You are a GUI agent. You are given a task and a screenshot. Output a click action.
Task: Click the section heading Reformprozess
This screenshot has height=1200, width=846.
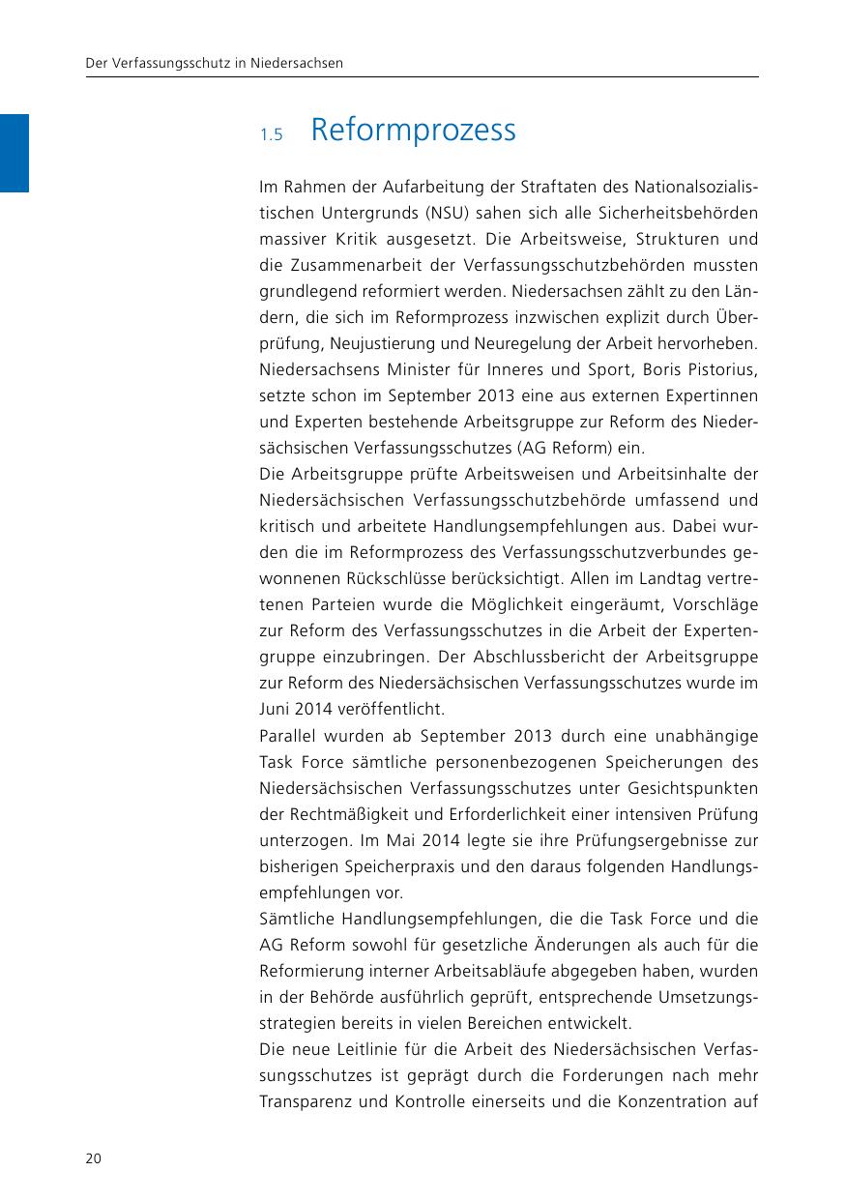[x=414, y=131]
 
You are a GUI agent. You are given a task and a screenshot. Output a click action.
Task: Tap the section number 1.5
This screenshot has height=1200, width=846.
[x=270, y=135]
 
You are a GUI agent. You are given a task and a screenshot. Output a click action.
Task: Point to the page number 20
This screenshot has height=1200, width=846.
[x=94, y=1158]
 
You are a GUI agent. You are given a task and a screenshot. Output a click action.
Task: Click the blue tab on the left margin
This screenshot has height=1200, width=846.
[x=15, y=153]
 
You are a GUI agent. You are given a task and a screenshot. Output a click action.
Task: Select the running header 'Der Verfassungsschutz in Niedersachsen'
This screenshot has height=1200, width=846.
[x=215, y=64]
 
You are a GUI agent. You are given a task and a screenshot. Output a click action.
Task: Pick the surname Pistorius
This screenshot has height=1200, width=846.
[x=722, y=369]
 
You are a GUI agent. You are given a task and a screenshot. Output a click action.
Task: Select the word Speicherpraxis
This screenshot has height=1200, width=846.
[x=367, y=866]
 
